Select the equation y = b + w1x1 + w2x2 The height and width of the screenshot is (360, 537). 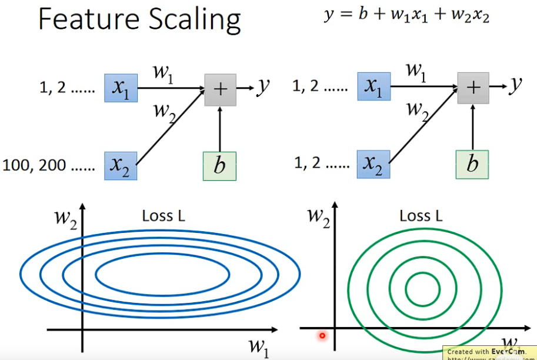[x=406, y=15]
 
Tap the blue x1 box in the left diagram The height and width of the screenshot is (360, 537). [x=121, y=89]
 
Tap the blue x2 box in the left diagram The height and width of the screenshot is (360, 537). [x=121, y=165]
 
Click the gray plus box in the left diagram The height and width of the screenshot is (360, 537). [x=220, y=89]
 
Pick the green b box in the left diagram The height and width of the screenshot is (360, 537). [x=219, y=165]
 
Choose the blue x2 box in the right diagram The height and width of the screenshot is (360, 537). [x=373, y=164]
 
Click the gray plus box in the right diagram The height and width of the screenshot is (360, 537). [x=473, y=87]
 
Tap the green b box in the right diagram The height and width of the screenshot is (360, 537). [x=472, y=164]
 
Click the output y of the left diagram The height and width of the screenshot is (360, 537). [x=263, y=87]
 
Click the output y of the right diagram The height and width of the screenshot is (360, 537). [x=515, y=86]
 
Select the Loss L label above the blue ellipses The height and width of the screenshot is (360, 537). [x=166, y=216]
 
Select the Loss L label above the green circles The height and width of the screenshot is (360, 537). [x=421, y=216]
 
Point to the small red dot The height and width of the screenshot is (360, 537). [x=322, y=336]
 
